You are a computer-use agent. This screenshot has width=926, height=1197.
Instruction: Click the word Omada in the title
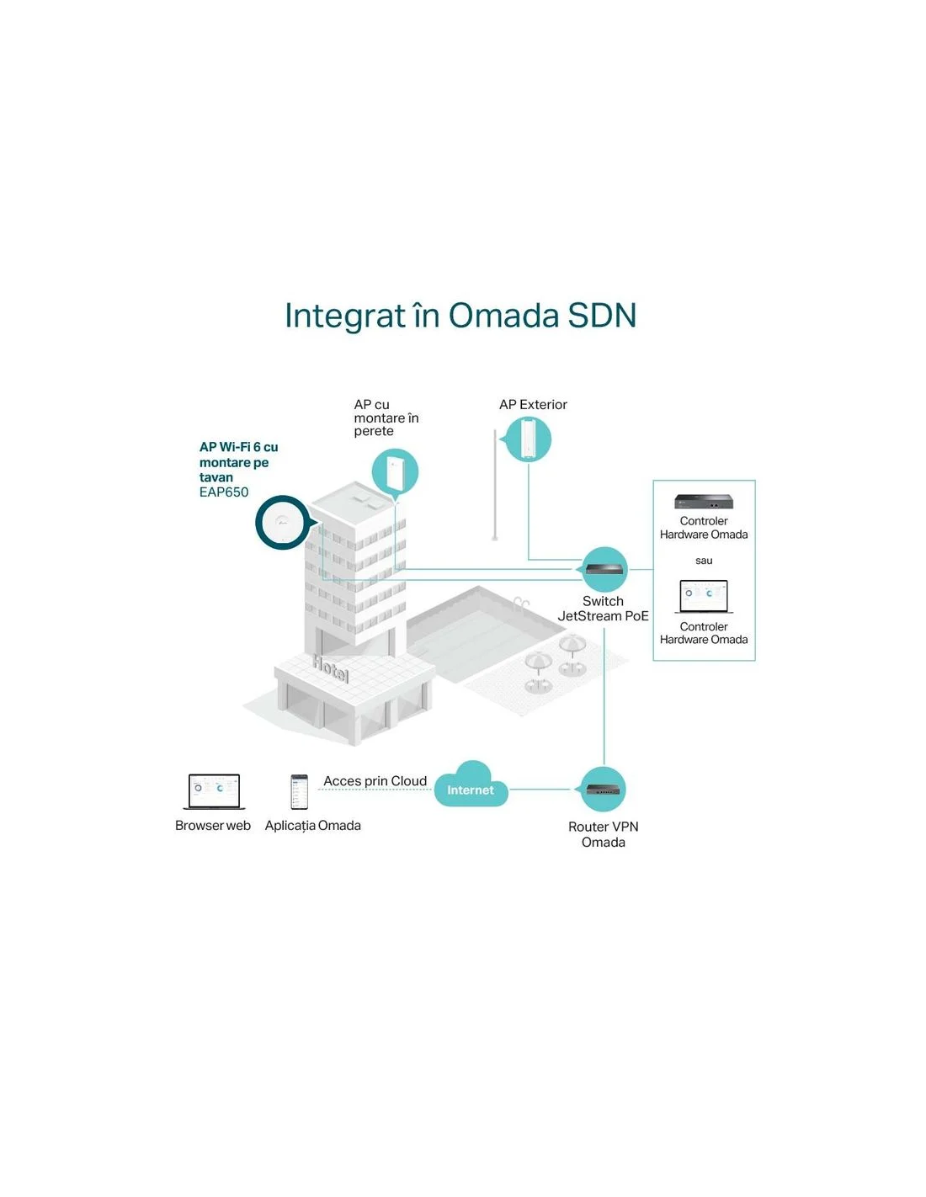[503, 316]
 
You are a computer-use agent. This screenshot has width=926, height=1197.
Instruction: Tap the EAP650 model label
[224, 492]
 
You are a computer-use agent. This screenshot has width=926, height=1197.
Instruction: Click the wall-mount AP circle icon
[395, 472]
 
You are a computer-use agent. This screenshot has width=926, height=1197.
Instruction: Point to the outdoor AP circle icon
[529, 439]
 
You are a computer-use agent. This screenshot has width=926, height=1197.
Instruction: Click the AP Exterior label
[533, 404]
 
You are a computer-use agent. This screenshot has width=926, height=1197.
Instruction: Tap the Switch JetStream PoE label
[604, 609]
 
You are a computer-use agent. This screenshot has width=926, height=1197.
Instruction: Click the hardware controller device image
[704, 501]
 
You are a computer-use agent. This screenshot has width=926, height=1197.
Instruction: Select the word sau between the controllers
[704, 561]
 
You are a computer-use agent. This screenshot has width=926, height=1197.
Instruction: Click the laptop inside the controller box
[704, 597]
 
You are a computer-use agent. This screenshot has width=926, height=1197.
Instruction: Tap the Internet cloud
[471, 785]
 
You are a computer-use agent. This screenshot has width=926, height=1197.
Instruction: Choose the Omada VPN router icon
[604, 790]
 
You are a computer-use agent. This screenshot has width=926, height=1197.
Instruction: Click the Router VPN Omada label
[604, 834]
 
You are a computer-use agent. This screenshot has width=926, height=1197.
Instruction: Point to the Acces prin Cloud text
[375, 780]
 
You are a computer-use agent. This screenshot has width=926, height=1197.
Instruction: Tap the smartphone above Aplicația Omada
[299, 791]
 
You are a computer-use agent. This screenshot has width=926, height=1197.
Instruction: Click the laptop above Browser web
[214, 791]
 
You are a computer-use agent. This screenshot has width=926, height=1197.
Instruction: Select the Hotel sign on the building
[331, 668]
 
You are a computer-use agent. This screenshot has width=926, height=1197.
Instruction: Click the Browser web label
[213, 825]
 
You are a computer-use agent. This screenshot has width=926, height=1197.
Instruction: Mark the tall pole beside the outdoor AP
[495, 486]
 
